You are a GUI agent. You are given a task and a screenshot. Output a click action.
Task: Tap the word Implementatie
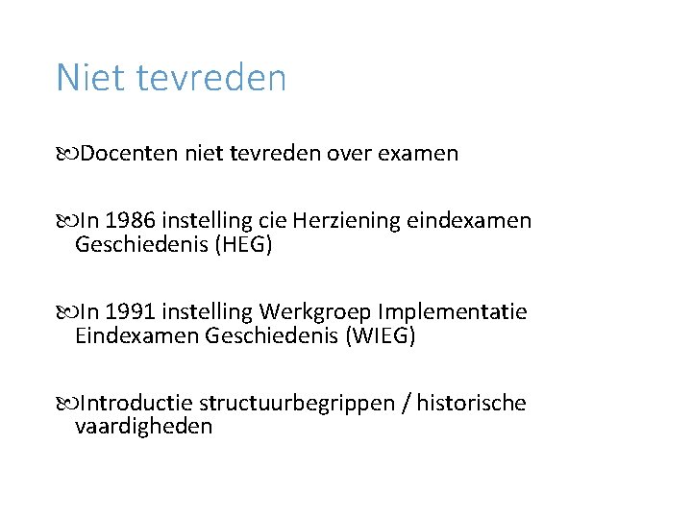[x=453, y=312]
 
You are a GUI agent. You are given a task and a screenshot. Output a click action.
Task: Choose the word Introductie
[x=137, y=404]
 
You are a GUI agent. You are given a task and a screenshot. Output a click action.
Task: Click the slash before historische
[x=408, y=404]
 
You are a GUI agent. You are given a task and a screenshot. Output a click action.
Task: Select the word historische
[x=471, y=404]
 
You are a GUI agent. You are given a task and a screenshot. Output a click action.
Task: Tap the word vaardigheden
[x=143, y=427]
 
